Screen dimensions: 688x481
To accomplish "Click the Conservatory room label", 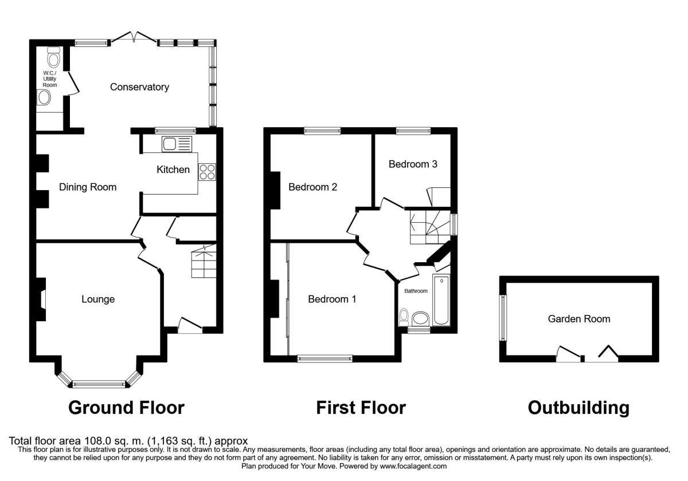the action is (x=139, y=87).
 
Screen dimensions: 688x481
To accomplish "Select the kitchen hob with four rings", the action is (x=207, y=172).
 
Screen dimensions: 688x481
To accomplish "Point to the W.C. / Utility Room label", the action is (x=50, y=79).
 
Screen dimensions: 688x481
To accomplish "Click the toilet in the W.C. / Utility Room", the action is (x=54, y=58).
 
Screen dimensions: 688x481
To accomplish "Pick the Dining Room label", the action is (x=88, y=187).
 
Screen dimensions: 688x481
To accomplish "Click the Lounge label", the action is (x=98, y=299).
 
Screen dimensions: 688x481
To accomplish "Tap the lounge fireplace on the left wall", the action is (x=42, y=299).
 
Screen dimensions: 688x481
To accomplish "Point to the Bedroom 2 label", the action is (x=312, y=187).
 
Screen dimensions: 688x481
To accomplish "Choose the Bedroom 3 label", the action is (x=413, y=164).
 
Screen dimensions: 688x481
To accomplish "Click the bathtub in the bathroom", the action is (x=442, y=299).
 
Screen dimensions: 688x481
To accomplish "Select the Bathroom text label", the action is (x=416, y=291).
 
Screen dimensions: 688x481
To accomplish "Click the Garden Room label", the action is (x=579, y=319).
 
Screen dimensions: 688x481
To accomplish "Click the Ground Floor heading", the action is (x=126, y=408).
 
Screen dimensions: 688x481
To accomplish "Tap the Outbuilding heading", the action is (x=578, y=408).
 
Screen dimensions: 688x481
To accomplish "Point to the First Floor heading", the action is (x=361, y=408).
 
